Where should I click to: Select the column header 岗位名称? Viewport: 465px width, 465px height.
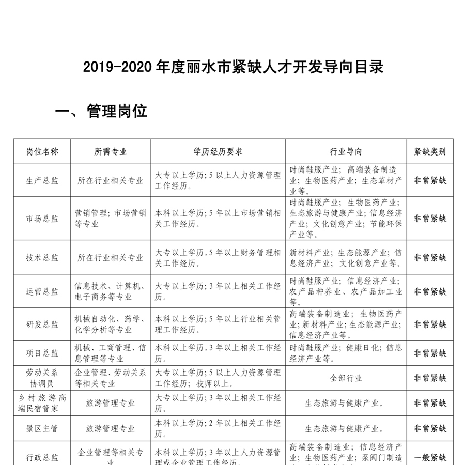42,152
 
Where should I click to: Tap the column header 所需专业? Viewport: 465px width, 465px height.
111,152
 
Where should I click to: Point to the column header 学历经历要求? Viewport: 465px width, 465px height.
218,152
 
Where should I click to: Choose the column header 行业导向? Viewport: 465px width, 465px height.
346,152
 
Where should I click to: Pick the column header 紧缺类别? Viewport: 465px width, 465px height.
430,152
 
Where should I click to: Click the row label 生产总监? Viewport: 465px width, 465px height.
42,181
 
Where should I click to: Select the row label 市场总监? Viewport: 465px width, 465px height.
42,218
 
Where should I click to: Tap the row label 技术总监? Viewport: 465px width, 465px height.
42,258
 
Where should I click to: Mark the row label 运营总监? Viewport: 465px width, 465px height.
42,291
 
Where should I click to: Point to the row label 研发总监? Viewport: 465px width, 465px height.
42,324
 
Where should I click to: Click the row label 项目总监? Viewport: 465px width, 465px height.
42,353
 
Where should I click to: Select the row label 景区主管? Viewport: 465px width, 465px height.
42,428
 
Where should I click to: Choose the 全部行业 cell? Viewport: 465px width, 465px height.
346,378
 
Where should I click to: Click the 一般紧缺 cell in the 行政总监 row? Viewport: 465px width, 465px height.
430,457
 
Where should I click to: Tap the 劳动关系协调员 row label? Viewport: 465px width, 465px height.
42,378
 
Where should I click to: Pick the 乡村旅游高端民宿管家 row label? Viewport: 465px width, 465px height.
42,403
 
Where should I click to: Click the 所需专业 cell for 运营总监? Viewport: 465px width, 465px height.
111,291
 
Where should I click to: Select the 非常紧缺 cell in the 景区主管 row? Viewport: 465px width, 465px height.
430,428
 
